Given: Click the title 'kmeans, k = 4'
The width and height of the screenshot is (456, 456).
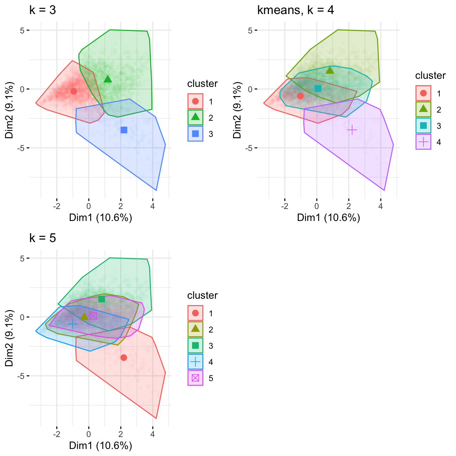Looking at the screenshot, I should pos(296,10).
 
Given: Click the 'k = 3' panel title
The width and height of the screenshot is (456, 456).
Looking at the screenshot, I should pos(43,10).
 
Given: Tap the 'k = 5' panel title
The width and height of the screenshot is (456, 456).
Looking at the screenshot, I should pos(43,238).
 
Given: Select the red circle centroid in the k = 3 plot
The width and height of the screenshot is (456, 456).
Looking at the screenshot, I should pos(74,91).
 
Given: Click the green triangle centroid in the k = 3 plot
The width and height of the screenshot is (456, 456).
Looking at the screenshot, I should pos(108,79).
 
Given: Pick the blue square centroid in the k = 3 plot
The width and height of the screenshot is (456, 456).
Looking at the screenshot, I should pos(124,130).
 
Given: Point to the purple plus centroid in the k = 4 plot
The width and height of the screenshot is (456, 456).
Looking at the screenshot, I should pos(352,130).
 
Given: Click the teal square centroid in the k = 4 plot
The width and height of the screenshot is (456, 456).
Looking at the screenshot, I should pos(318,89).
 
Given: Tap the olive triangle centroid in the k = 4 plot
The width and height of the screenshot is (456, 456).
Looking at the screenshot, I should pos(330,70).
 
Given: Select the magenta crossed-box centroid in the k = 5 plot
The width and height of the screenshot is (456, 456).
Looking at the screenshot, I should pos(93,316).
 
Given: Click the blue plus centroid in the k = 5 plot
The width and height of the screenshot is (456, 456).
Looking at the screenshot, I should pos(72,324).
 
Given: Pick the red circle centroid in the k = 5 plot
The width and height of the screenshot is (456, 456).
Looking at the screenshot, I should pos(123,358).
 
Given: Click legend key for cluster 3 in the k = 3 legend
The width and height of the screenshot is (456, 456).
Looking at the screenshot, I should pos(195,134).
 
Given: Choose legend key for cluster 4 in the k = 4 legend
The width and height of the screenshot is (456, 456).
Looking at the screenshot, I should pos(423,142).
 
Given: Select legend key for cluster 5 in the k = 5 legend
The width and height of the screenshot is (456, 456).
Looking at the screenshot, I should pos(195,378).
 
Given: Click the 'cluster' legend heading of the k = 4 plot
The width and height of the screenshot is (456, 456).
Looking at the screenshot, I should pos(430,76).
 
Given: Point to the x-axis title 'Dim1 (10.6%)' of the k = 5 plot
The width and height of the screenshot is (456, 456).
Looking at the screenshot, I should pos(101,446).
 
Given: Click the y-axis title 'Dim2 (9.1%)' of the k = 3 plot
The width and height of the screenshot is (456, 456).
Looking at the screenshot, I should pos(9,110).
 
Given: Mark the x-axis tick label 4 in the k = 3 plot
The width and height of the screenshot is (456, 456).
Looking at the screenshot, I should pos(153,207).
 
